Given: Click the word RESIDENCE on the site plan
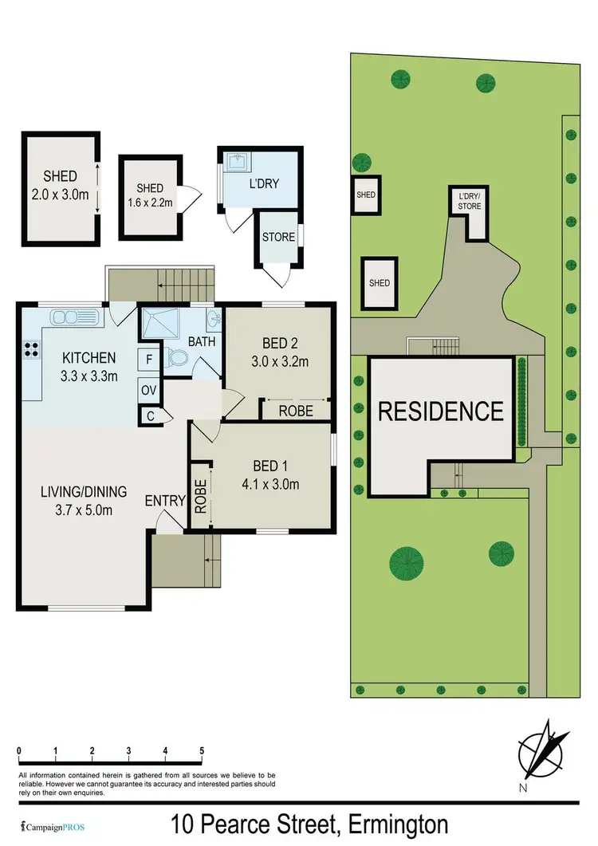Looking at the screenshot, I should click(440, 411).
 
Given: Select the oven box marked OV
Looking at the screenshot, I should click(149, 391).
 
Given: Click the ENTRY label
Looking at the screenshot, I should click(165, 501).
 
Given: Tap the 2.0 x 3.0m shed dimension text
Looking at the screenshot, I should click(61, 193).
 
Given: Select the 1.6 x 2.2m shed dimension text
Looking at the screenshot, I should click(150, 203).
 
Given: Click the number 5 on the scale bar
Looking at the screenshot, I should click(202, 751).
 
